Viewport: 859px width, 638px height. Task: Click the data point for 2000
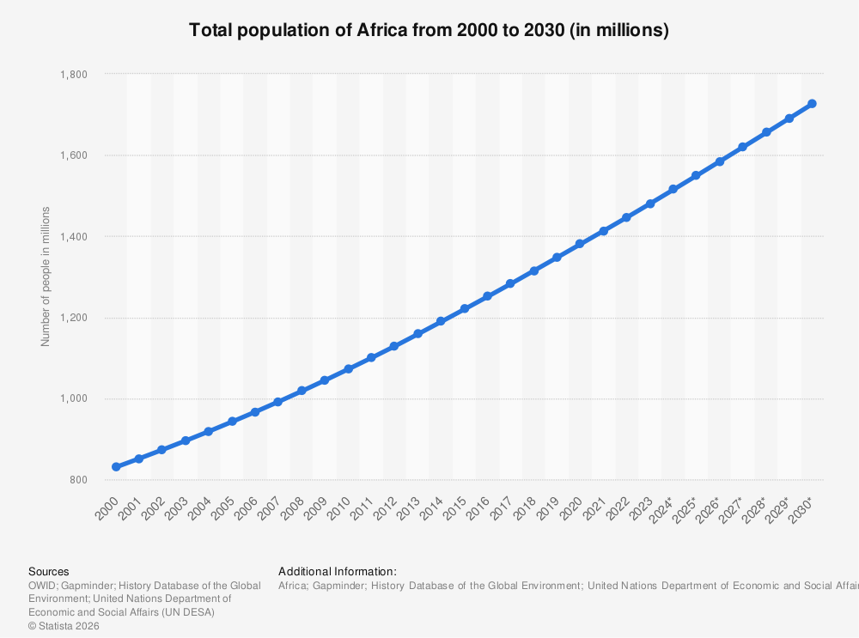click(116, 466)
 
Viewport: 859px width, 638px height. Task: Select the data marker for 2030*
click(812, 104)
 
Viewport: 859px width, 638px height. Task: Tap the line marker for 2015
click(465, 308)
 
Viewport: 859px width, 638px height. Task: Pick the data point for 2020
click(580, 244)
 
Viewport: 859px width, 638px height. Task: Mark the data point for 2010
click(348, 369)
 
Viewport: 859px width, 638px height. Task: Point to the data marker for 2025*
click(696, 175)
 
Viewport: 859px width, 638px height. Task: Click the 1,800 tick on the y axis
click(75, 75)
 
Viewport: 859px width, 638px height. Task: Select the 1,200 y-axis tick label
click(75, 318)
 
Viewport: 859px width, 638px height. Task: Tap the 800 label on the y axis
click(78, 480)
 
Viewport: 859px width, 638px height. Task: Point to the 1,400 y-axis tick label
click(75, 237)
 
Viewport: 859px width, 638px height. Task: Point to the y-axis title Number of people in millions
click(46, 276)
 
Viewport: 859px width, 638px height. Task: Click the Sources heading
click(49, 571)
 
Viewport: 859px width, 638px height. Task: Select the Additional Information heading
click(338, 571)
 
